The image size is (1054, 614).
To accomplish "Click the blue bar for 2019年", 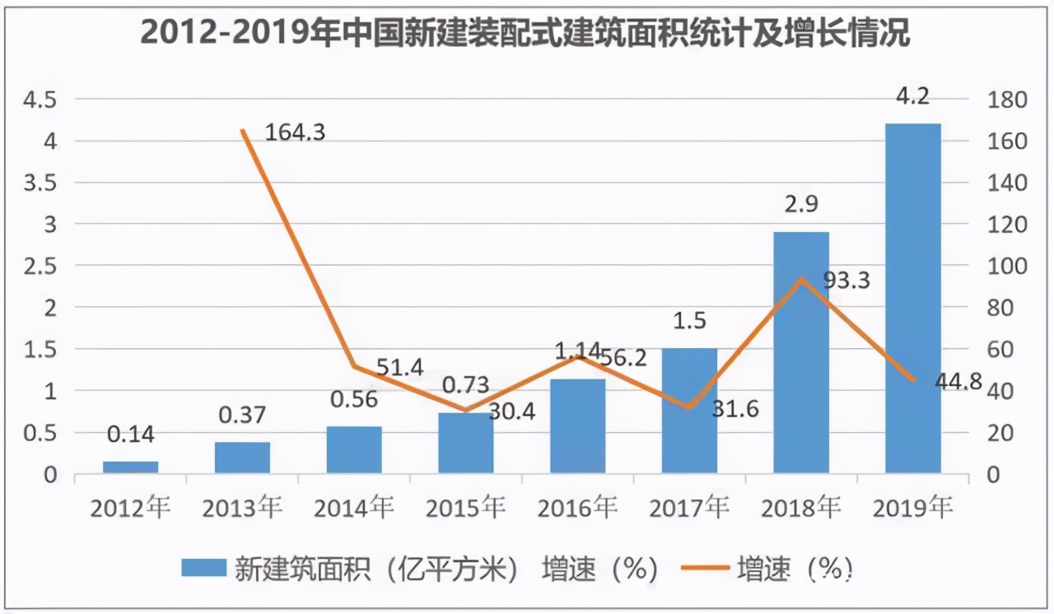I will (x=912, y=298).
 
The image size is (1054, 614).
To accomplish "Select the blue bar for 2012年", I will (x=131, y=467).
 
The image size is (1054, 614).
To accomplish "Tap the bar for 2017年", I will (x=689, y=411).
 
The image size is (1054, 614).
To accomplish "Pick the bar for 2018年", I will (x=801, y=352).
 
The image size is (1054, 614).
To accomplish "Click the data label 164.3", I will (x=295, y=132).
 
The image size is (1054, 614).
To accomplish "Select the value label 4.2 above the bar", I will (x=912, y=97).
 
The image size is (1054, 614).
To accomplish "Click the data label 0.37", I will (x=242, y=415).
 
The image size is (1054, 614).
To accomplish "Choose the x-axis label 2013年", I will (x=242, y=508).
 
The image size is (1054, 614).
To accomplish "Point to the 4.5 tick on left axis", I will (x=40, y=100).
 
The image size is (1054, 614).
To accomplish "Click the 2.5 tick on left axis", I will (x=40, y=267).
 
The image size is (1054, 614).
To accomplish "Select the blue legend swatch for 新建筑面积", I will (x=203, y=569).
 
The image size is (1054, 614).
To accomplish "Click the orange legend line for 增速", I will (x=704, y=569).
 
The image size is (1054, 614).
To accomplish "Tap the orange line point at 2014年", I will (x=354, y=366).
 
